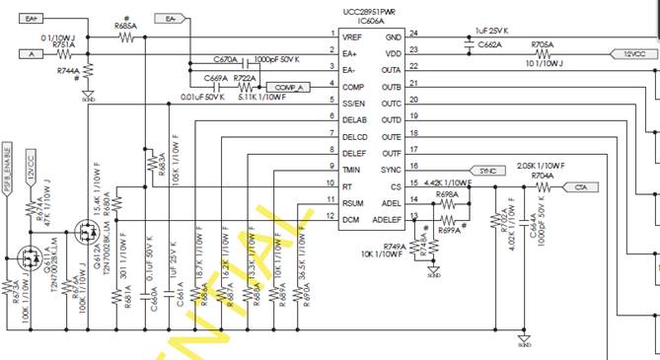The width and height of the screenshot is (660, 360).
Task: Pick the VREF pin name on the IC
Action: click(354, 36)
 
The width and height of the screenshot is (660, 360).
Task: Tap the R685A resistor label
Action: click(126, 26)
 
